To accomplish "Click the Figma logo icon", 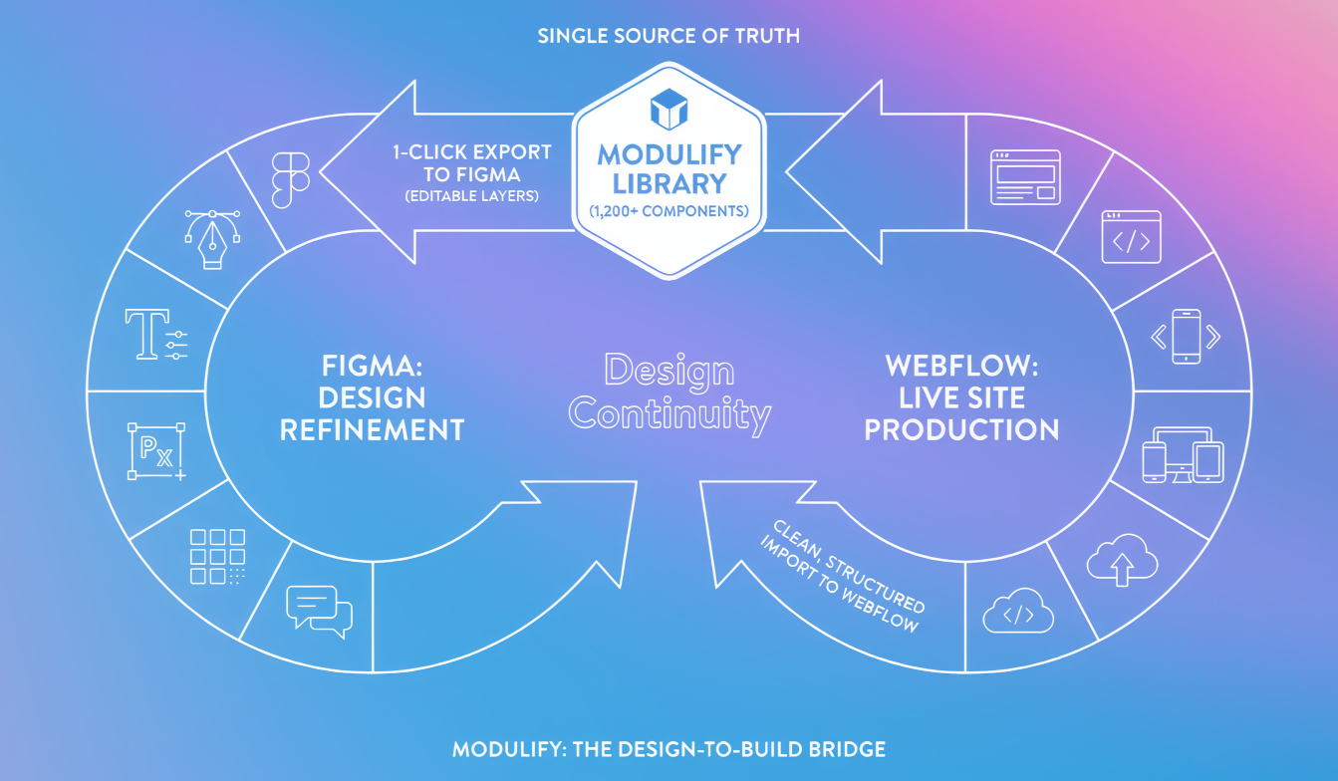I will [x=291, y=179].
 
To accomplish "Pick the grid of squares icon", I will [x=217, y=556].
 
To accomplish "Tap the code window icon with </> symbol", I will [x=1131, y=237].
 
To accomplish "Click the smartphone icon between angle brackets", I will [x=1186, y=336].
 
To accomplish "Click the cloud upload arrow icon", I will [x=1122, y=561].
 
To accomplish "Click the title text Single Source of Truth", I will [x=669, y=37].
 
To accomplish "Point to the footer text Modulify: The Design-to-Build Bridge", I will [x=669, y=749].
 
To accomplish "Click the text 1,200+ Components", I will [x=669, y=211].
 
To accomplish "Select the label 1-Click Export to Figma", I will [x=472, y=163].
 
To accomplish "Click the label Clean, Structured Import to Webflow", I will [x=843, y=577].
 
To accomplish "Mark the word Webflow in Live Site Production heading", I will [x=961, y=366].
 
